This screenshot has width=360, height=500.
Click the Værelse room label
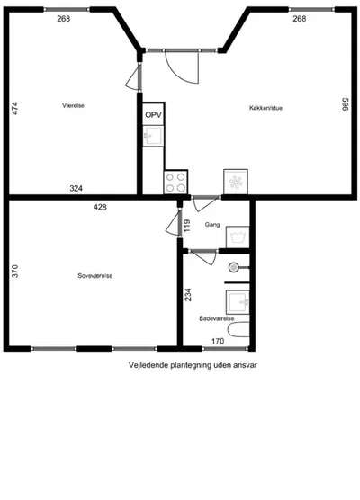[x=74, y=105]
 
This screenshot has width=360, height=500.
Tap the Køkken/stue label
[x=265, y=108]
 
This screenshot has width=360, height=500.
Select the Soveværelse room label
[x=95, y=276]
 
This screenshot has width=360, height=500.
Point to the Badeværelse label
[x=217, y=318]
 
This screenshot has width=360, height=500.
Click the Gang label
[x=212, y=225]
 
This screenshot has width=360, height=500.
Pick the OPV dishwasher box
[x=154, y=114]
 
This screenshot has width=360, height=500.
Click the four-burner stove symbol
[x=175, y=182]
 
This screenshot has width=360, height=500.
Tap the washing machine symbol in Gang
[x=238, y=237]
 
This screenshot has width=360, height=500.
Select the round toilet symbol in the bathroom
[x=234, y=267]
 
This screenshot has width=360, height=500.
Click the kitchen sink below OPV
[x=153, y=136]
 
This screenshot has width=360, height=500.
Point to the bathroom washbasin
[x=238, y=302]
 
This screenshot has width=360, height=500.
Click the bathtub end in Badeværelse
[x=238, y=330]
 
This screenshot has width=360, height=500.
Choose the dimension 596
[x=345, y=104]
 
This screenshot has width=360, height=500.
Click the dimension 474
[x=15, y=108]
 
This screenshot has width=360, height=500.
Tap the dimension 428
[x=100, y=207]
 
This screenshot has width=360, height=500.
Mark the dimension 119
[x=187, y=226]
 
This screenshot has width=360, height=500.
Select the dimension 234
[x=188, y=295]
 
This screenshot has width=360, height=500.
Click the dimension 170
[x=218, y=341]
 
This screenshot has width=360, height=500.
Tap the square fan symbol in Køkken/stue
[x=236, y=182]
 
